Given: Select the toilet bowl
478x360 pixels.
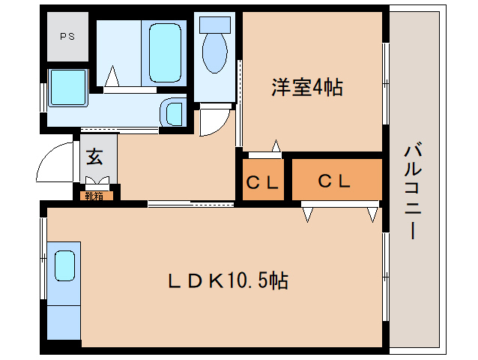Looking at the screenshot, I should (216, 49).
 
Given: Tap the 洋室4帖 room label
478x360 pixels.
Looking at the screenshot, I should (306, 88).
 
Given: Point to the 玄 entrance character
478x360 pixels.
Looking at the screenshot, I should (94, 157).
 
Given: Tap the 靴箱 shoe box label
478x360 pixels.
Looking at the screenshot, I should (94, 196).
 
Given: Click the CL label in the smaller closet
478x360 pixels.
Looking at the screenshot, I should (262, 181).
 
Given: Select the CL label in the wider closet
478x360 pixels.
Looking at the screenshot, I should (334, 181).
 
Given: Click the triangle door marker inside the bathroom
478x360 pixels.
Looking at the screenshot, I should (113, 76).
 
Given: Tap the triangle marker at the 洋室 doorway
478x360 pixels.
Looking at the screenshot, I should (276, 145).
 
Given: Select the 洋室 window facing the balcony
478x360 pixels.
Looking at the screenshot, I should (386, 75).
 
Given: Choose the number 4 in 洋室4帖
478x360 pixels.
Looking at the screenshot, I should (318, 88).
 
